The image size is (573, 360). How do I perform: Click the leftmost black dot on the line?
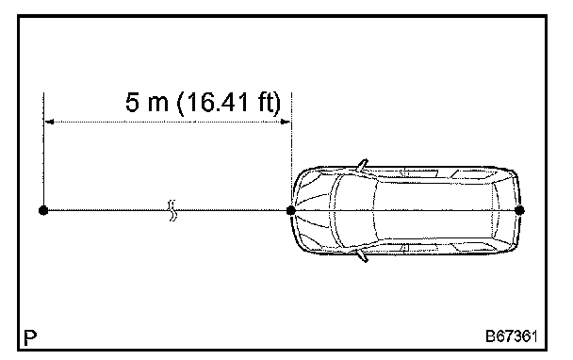(43, 210)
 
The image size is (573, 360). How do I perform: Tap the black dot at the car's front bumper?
(291, 210)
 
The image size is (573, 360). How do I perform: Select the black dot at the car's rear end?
(519, 210)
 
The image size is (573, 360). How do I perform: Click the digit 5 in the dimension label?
(132, 102)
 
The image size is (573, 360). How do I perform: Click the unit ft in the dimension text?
(266, 102)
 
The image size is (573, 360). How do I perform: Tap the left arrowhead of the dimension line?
(49, 122)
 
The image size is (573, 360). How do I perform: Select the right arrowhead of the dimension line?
(286, 122)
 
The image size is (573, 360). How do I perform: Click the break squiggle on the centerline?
(172, 210)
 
